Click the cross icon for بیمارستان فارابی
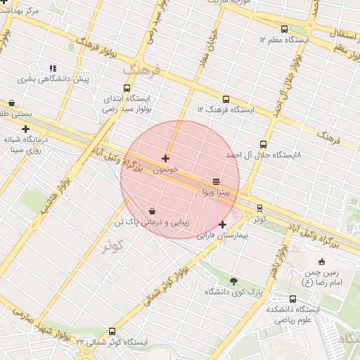223,225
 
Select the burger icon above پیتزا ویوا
216,181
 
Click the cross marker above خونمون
165,159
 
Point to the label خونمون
166,170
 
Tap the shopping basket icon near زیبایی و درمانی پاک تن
152,211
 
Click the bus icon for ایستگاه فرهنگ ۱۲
226,100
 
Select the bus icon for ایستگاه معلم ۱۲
284,30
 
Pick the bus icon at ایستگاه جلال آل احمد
264,144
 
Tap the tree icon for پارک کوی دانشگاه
233,281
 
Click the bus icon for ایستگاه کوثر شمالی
112,332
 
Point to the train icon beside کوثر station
260,208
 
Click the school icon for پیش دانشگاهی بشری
52,68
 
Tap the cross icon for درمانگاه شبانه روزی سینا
25,129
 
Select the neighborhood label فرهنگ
142,71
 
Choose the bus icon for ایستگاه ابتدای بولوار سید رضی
127,89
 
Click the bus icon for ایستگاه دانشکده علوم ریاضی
273,299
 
